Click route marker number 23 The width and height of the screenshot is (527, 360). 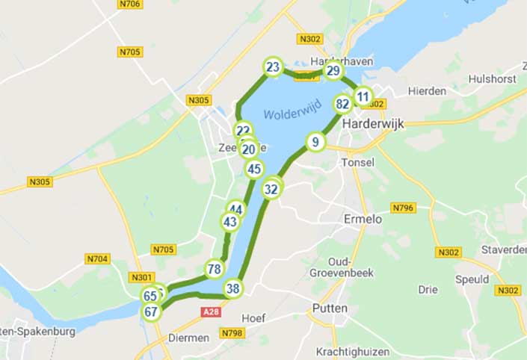pos(273,68)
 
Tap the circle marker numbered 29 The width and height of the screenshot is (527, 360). pos(333,72)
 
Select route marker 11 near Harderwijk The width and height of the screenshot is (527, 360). pos(363,96)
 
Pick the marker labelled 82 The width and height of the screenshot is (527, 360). pos(343,104)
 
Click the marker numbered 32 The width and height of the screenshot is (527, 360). pos(271,189)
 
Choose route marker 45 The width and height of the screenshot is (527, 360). pos(254,169)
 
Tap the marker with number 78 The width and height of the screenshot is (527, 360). pos(215,269)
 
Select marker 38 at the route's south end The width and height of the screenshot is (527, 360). pos(233,289)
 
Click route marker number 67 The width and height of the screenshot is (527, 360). pos(152,311)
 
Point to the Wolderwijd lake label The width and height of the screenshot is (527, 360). pos(292,114)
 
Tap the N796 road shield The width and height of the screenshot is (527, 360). pos(403,207)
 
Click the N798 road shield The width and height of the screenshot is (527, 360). pos(232,332)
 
